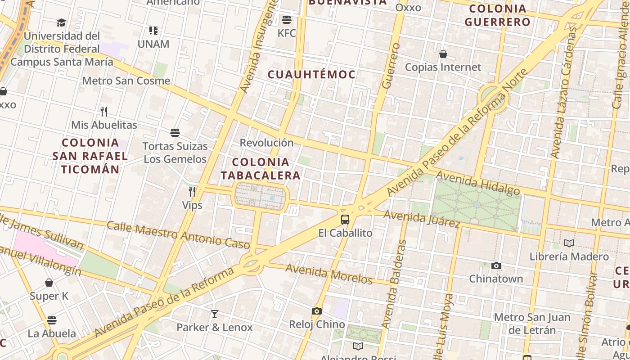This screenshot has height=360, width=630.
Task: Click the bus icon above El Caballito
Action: point(345,220)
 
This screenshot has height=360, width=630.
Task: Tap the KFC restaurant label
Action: point(287,33)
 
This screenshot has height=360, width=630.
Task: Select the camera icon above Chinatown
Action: point(496,265)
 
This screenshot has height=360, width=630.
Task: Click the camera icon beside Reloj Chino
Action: point(317,311)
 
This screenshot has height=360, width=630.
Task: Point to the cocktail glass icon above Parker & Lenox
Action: point(215,314)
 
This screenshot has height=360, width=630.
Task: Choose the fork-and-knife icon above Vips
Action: point(192,192)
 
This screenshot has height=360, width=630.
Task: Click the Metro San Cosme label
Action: point(126,81)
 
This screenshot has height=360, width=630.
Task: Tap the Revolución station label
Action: point(266,143)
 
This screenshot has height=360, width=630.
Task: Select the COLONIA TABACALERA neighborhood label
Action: point(261,169)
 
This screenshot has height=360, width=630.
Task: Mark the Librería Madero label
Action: point(569,256)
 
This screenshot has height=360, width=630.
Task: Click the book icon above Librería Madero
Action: point(569,243)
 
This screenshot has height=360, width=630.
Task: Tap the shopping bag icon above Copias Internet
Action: point(443,54)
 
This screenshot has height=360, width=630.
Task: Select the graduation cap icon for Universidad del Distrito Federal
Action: point(62,22)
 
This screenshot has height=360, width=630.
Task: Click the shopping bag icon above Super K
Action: point(49,283)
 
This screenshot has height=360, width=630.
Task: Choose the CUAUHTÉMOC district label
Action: point(312,75)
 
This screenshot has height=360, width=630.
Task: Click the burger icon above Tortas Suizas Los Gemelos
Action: point(175,133)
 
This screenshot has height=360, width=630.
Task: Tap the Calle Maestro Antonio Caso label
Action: point(178,235)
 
